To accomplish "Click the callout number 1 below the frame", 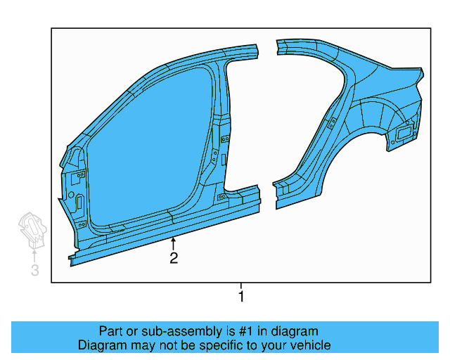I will [x=241, y=297].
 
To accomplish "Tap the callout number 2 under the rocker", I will [x=173, y=258].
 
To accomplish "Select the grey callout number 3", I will [x=34, y=271].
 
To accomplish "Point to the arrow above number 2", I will [x=173, y=243].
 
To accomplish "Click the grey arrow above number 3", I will [x=34, y=253].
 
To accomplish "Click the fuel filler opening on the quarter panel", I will [x=404, y=133].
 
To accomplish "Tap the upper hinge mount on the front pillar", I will [x=81, y=174].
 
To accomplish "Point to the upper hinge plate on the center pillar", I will [x=225, y=140].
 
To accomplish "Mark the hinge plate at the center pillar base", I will [x=222, y=198].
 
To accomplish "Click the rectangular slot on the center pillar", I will [x=223, y=160].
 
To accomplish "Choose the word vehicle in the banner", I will [x=308, y=345].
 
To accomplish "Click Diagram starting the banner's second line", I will [x=101, y=345].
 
